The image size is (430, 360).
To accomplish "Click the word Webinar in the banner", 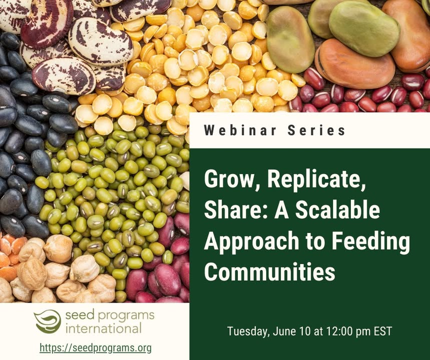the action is click(x=240, y=130).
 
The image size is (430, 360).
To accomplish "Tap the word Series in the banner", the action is click(x=316, y=130).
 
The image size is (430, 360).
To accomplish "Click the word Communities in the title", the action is click(x=270, y=271).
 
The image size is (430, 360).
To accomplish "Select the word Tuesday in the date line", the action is click(x=248, y=331).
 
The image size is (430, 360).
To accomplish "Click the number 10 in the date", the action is click(x=305, y=331).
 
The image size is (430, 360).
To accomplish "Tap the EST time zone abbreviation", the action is click(x=383, y=331).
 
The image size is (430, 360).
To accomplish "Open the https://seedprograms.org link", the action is click(x=96, y=348).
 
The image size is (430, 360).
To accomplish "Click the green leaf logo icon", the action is click(x=48, y=321).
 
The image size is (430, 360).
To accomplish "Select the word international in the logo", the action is click(x=104, y=328).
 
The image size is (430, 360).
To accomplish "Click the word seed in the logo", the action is click(x=80, y=314).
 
